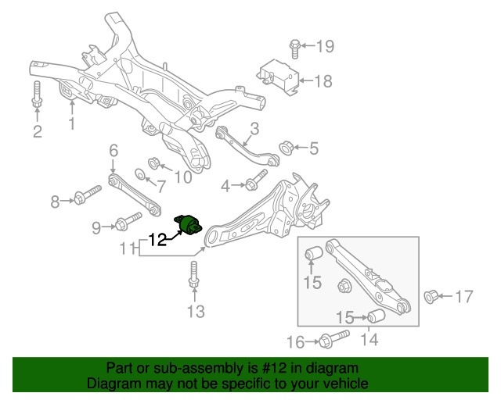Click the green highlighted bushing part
pyautogui.click(x=188, y=225)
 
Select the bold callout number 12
pyautogui.click(x=157, y=240)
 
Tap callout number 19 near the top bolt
pyautogui.click(x=326, y=47)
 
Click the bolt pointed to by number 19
pyautogui.click(x=295, y=49)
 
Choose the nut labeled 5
pyautogui.click(x=286, y=148)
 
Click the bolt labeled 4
pyautogui.click(x=256, y=180)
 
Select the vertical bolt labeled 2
pyautogui.click(x=38, y=94)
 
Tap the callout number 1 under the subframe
pyautogui.click(x=72, y=123)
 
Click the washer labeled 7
pyautogui.click(x=140, y=174)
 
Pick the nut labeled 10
pyautogui.click(x=154, y=163)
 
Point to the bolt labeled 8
pyautogui.click(x=87, y=195)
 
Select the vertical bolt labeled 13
pyautogui.click(x=193, y=274)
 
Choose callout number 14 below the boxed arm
pyautogui.click(x=369, y=340)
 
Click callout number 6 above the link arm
pyautogui.click(x=114, y=151)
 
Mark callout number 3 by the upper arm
pyautogui.click(x=254, y=129)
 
